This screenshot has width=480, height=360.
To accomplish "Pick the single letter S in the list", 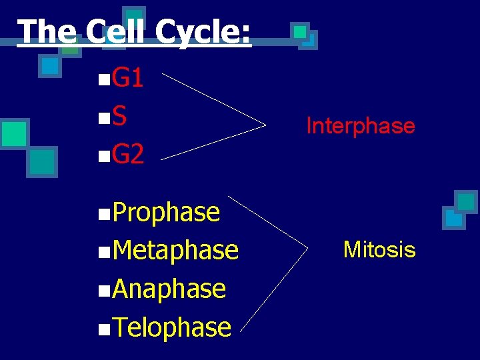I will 119,117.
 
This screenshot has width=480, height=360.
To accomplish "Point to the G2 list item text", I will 128,155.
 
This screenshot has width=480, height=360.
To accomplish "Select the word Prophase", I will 166,212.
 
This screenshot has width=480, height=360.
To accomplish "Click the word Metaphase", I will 175,251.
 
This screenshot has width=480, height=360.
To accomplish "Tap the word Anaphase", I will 169,289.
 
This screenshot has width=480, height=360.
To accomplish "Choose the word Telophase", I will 172,327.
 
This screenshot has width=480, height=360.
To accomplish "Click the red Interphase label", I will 360,125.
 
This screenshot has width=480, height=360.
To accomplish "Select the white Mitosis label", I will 379,250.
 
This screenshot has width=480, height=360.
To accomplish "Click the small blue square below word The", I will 49,66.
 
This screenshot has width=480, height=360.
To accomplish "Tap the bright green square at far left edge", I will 13,133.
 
